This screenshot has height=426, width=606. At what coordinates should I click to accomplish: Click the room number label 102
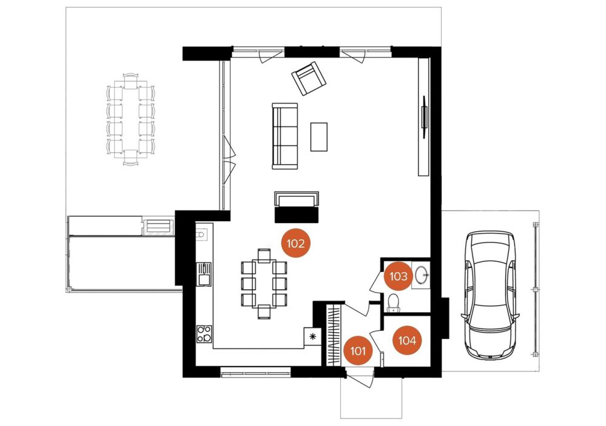point(296,244)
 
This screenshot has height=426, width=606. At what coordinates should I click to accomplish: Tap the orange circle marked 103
point(399,276)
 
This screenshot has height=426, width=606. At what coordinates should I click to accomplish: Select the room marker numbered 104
point(407,341)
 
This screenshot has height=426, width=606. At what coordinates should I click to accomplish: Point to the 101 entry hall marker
point(359,351)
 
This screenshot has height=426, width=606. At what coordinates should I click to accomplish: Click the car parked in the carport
point(490,295)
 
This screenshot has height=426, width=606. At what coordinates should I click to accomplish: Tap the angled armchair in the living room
point(309,78)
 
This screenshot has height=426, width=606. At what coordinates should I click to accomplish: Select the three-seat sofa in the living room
point(285,136)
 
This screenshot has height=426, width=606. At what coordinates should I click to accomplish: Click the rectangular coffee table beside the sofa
point(319,137)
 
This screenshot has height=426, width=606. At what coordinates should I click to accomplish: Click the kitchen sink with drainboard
point(204,274)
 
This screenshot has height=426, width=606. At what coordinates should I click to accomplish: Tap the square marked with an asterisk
point(312,336)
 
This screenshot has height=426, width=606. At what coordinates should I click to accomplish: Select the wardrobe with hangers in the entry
point(335,335)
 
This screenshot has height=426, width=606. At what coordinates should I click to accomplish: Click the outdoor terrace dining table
point(130,119)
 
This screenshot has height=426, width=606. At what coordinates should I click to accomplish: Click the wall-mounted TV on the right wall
point(425,116)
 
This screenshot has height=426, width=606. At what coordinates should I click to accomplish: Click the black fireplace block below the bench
point(297,215)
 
